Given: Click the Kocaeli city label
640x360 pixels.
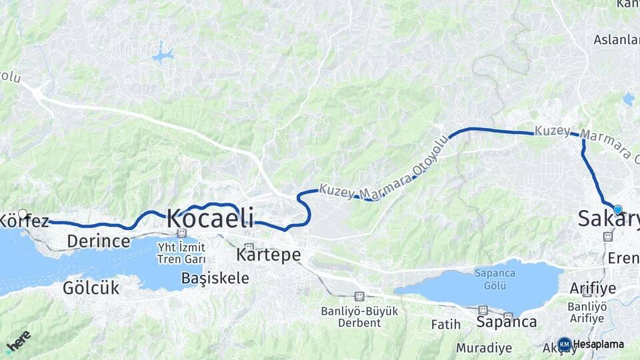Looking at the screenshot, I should pyautogui.click(x=210, y=218).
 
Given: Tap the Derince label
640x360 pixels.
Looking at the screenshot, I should pyautogui.click(x=99, y=241).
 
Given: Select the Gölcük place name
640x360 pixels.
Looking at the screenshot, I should pyautogui.click(x=91, y=288).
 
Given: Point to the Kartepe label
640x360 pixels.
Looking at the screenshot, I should pyautogui.click(x=269, y=255).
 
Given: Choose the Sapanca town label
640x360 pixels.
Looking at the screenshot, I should pyautogui.click(x=507, y=322).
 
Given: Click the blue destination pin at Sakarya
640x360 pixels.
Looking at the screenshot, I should pyautogui.click(x=617, y=209).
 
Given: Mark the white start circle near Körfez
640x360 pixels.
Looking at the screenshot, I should pyautogui.click(x=23, y=214).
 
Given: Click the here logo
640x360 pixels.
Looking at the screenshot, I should pyautogui.click(x=18, y=341).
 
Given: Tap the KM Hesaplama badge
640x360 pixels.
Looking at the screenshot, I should pyautogui.click(x=591, y=344).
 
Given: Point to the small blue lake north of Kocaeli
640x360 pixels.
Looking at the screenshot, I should pyautogui.click(x=162, y=55).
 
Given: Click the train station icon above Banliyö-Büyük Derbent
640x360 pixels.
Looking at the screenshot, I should pyautogui.click(x=359, y=296).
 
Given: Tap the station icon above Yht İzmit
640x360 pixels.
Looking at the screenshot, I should pyautogui.click(x=181, y=233).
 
